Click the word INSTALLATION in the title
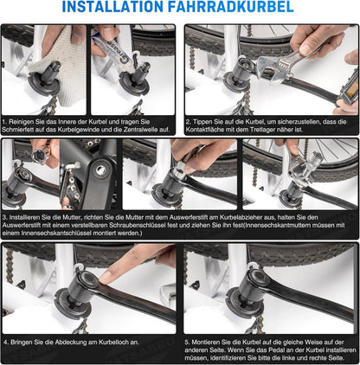[113, 7]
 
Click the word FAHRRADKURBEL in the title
[231, 7]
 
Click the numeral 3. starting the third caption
[5, 217]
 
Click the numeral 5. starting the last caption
[188, 343]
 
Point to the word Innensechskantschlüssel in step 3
[52, 233]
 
